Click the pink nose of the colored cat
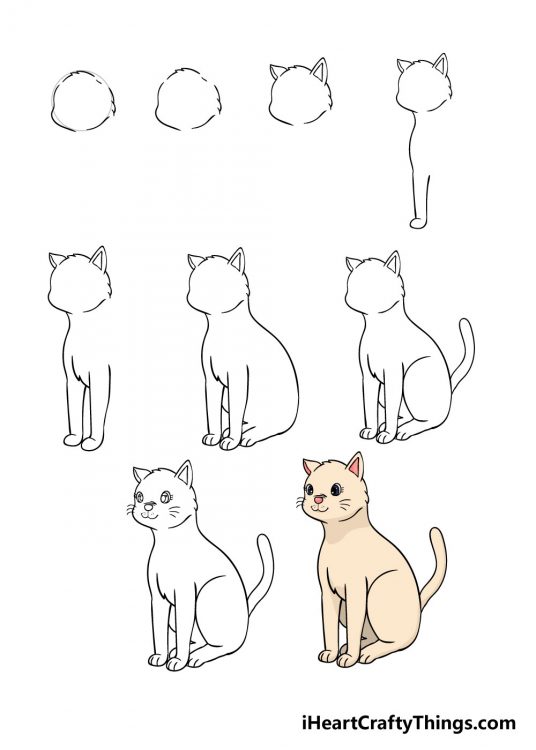point(317,497)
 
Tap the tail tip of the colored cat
point(436,534)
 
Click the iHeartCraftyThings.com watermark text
point(408,722)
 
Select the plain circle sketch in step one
point(82,101)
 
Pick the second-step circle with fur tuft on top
point(187,99)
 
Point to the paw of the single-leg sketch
point(419,221)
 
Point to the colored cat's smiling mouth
point(318,507)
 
